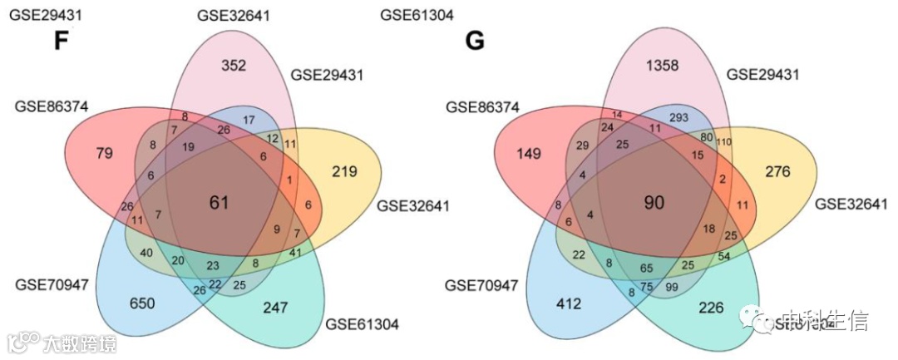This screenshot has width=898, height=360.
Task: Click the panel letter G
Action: (475, 42)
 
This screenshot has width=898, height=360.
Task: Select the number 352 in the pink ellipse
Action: (234, 65)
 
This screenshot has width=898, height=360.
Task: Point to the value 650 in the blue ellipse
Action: (141, 304)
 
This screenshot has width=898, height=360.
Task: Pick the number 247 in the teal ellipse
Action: (275, 308)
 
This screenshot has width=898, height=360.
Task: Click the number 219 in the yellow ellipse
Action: (343, 172)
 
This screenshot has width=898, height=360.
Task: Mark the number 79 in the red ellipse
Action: (81, 152)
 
